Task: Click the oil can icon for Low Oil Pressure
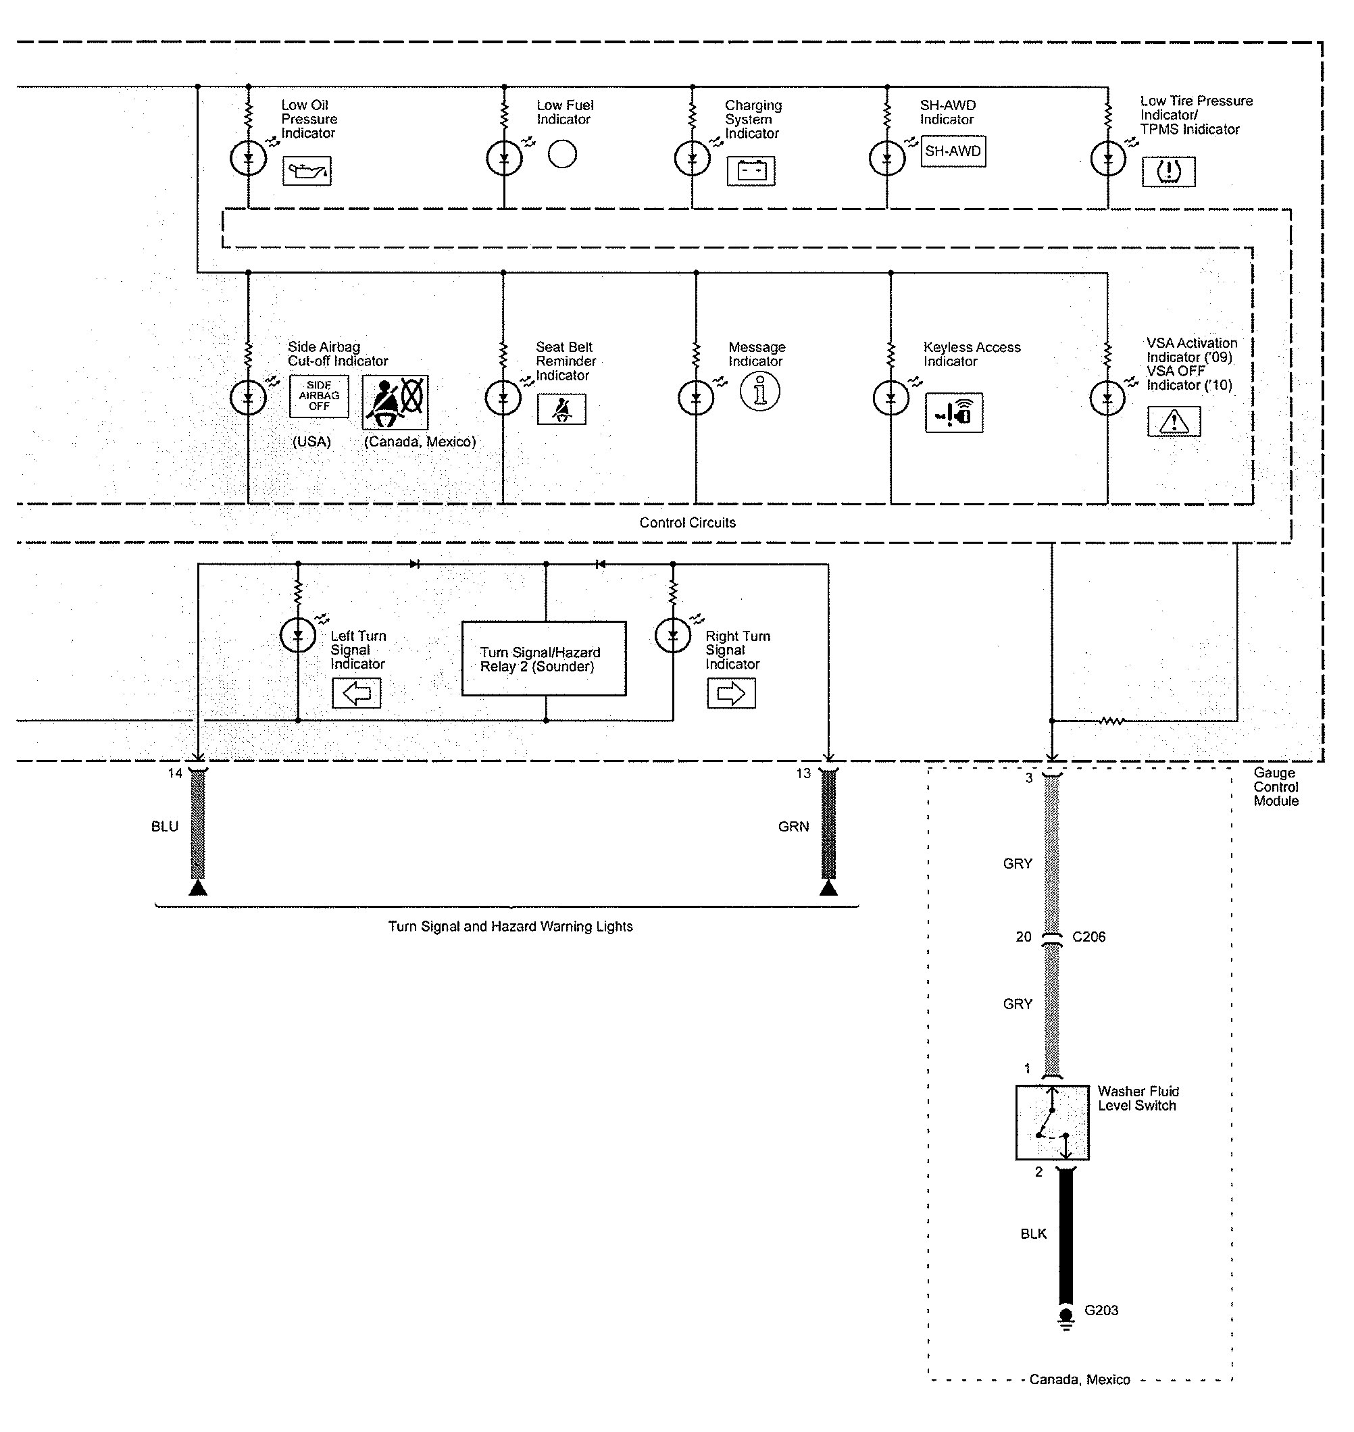click(307, 171)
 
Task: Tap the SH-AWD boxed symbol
click(953, 151)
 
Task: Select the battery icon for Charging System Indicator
click(751, 171)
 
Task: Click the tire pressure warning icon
click(1168, 172)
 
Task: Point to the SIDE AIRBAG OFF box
click(318, 396)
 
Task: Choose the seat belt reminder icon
click(561, 410)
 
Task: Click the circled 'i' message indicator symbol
click(759, 392)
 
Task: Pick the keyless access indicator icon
click(953, 413)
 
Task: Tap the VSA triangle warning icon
click(1174, 421)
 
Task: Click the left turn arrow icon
click(357, 694)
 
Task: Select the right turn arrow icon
click(731, 694)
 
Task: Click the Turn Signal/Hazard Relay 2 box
click(543, 659)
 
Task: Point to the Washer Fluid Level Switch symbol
click(1051, 1123)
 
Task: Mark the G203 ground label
click(1101, 1311)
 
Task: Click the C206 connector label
click(1088, 937)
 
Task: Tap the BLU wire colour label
click(165, 827)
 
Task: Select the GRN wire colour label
click(793, 827)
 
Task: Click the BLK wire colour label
click(1033, 1234)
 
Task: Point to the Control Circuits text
click(687, 523)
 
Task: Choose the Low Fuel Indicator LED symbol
click(504, 158)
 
